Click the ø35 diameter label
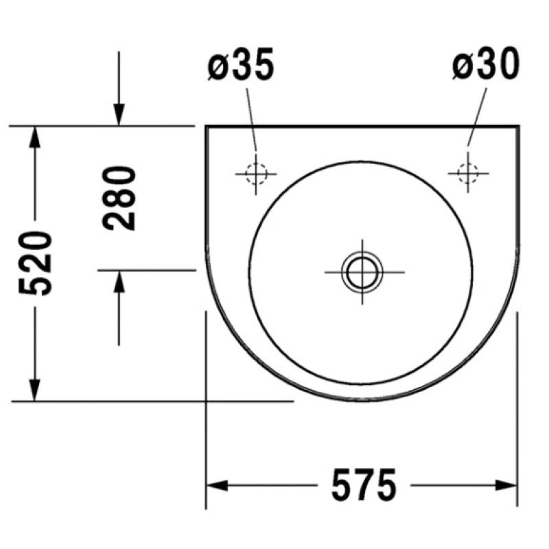[x=241, y=64]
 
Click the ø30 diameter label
[x=486, y=63]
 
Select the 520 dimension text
[x=35, y=264]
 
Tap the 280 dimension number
[x=119, y=198]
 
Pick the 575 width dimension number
[x=364, y=485]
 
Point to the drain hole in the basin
[x=362, y=272]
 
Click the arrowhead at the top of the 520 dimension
[x=34, y=137]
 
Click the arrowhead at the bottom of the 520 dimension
[x=34, y=390]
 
